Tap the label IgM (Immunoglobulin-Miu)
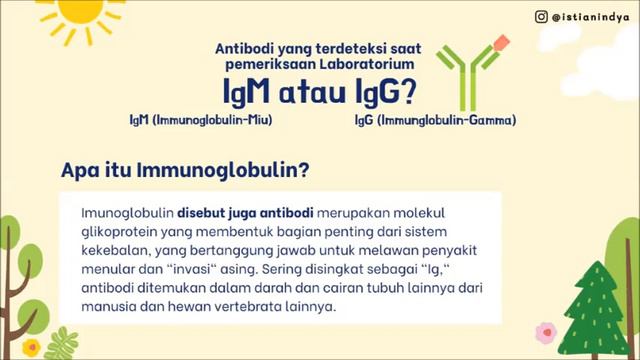click(x=201, y=119)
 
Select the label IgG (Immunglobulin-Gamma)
click(x=435, y=121)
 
